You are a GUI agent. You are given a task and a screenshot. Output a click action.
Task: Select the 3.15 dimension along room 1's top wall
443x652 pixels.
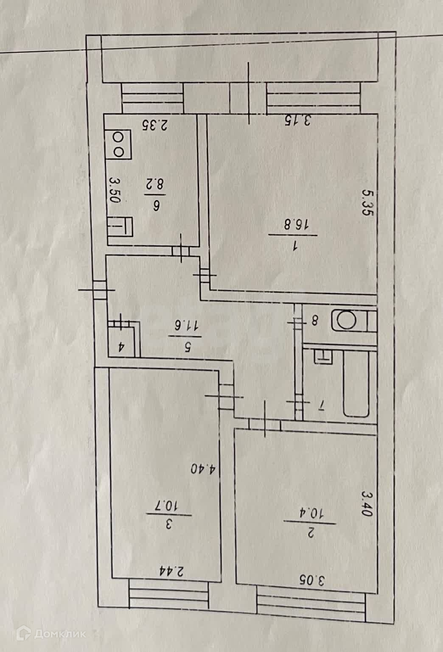point(298,121)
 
